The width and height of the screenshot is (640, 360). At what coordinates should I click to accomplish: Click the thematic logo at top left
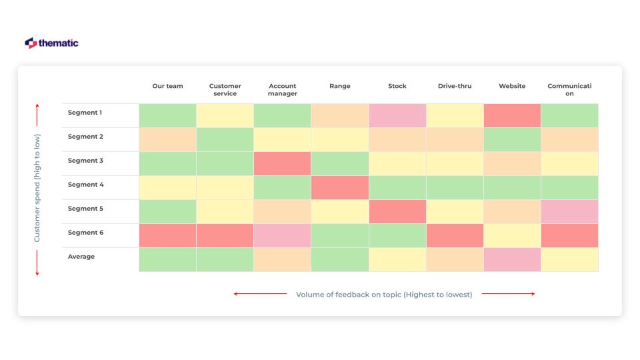click(x=51, y=43)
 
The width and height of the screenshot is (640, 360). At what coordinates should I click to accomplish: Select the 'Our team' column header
click(x=167, y=86)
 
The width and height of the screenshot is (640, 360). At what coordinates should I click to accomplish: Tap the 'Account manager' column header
click(x=282, y=89)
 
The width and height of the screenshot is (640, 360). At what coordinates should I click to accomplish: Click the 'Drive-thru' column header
click(x=455, y=86)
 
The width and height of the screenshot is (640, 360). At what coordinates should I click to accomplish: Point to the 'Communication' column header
click(x=569, y=89)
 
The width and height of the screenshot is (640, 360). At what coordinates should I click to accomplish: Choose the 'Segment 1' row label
click(x=85, y=113)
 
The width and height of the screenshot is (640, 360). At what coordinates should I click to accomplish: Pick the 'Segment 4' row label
click(x=85, y=185)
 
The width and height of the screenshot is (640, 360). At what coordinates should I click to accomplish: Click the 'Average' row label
click(x=81, y=257)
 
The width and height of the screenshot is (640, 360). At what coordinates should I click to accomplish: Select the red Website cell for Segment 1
click(x=512, y=115)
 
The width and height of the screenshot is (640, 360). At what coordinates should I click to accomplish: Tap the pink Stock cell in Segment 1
click(x=397, y=115)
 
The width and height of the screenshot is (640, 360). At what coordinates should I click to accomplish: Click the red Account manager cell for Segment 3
click(x=282, y=163)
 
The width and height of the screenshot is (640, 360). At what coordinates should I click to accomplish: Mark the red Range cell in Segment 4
click(x=339, y=187)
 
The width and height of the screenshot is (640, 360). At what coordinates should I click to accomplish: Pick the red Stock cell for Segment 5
click(x=397, y=211)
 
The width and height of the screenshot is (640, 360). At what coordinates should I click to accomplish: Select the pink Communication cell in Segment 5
click(x=569, y=211)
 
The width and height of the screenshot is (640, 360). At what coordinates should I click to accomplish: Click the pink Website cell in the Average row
click(x=512, y=259)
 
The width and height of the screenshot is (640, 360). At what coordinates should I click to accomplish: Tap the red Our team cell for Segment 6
click(x=167, y=235)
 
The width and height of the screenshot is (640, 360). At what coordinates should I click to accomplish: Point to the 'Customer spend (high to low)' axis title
click(x=37, y=189)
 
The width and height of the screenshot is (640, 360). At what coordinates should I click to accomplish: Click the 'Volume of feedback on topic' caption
click(x=384, y=294)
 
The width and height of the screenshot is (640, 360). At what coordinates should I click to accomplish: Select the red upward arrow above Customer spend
click(x=37, y=115)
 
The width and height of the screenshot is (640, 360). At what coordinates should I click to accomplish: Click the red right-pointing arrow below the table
click(x=508, y=294)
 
